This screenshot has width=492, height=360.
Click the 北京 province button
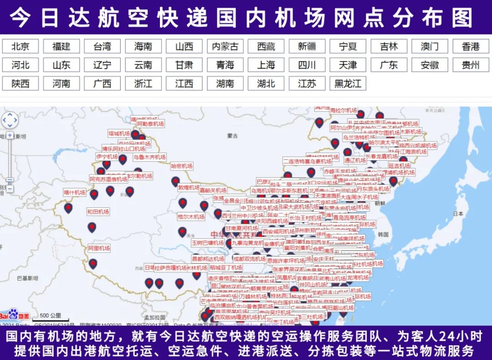(20, 46)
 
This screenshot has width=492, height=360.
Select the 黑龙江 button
(348, 84)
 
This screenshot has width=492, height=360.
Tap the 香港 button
(470, 46)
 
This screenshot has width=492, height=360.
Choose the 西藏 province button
(266, 46)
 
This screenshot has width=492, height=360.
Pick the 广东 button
(389, 65)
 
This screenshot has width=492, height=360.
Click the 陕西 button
(20, 84)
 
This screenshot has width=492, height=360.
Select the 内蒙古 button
(225, 46)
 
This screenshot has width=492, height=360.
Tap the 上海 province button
(266, 65)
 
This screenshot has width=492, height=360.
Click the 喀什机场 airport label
(74, 193)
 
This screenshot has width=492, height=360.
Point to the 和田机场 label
(98, 212)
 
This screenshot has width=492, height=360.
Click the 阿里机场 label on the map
(99, 248)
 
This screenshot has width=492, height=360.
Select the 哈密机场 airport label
(182, 166)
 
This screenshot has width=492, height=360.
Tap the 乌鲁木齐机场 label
(149, 157)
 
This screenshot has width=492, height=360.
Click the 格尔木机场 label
(191, 217)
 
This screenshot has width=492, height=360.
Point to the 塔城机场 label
(119, 133)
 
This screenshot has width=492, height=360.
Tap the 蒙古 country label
(233, 135)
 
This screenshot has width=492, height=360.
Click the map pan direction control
(10, 120)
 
